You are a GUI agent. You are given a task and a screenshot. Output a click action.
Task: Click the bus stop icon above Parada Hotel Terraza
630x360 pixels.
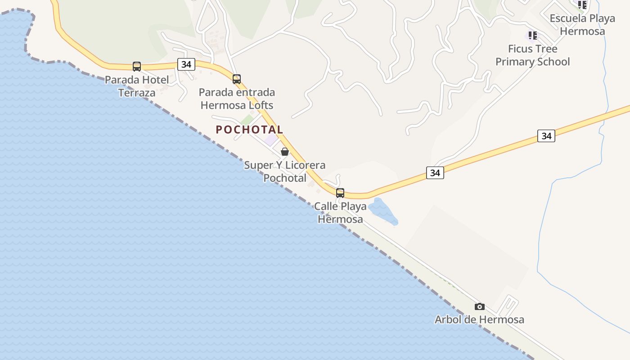click(x=137, y=67)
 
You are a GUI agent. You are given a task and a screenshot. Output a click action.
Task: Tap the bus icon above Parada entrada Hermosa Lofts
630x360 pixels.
click(x=237, y=79)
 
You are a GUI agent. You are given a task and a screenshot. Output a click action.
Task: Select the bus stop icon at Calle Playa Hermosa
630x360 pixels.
click(x=340, y=193)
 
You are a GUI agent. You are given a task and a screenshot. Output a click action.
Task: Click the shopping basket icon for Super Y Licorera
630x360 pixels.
click(x=285, y=152)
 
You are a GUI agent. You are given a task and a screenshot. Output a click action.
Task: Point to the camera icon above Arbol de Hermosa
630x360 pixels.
click(x=480, y=307)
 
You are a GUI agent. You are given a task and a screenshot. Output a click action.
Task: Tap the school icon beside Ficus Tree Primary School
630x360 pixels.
click(x=533, y=35)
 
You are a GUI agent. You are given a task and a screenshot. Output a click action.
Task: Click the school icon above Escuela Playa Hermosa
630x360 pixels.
click(x=582, y=5)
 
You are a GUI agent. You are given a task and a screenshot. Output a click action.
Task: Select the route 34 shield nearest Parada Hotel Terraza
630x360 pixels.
click(x=186, y=64)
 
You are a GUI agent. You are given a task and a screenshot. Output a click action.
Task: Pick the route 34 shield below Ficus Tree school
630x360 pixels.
click(x=546, y=136)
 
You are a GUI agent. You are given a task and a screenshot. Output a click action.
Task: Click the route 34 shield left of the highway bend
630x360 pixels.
click(x=435, y=173)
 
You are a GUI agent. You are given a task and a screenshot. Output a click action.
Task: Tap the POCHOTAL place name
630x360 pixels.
click(x=249, y=130)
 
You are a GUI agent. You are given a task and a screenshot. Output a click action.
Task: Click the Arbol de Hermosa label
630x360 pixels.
click(x=479, y=319)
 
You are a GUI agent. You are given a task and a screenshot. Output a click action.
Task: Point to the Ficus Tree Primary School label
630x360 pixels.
click(x=533, y=55)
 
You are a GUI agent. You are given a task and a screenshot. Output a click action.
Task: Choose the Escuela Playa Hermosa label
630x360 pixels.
click(x=582, y=25)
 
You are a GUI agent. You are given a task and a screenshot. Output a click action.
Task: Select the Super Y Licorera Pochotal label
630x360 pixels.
click(x=284, y=171)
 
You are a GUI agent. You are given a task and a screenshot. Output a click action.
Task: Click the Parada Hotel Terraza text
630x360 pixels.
click(x=137, y=86)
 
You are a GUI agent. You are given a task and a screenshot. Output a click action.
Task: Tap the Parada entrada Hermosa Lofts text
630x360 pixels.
click(x=237, y=99)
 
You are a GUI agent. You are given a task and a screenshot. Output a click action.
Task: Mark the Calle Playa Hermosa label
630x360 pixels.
click(x=340, y=213)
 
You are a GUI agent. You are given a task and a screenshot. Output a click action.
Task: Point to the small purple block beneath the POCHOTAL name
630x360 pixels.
click(x=271, y=139)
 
